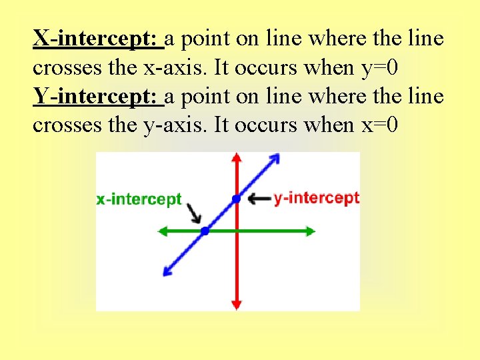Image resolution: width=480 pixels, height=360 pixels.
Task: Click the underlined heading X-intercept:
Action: pos(98,39)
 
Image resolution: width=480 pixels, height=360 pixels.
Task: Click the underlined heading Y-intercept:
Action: pos(98,97)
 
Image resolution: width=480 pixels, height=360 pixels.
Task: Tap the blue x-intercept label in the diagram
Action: pos(139,199)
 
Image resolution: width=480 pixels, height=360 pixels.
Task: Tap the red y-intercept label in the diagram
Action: pos(317,198)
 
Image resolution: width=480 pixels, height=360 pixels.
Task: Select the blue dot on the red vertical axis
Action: pos(236,199)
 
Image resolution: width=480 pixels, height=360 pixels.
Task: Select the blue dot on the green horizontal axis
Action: pos(205,231)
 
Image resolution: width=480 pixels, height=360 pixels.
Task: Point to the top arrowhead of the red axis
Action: pos(236,158)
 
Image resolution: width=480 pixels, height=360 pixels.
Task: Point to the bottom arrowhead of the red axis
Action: pos(236,305)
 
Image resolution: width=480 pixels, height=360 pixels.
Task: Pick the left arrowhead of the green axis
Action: pos(161,231)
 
